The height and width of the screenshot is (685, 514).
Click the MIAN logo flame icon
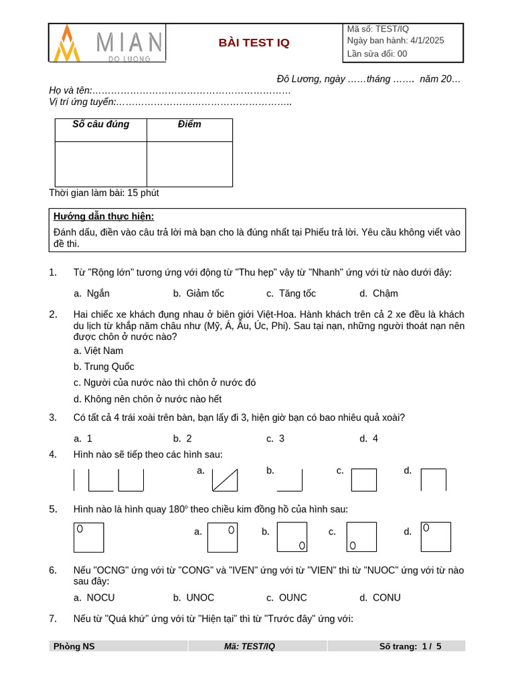coord(67,43)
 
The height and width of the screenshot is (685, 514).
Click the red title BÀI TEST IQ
coord(254,43)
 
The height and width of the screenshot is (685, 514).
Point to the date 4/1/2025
coord(424,40)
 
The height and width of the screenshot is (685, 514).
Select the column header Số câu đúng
coord(100,124)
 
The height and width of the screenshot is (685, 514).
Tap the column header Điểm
coord(189,124)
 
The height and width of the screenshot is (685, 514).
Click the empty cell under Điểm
coord(189,164)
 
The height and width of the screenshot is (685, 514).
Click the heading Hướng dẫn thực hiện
coord(104,216)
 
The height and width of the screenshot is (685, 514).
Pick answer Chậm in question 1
coord(385,294)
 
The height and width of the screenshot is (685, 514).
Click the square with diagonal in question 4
coord(225,480)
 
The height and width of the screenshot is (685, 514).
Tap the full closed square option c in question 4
coord(364,480)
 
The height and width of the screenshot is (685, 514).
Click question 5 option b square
coord(292,536)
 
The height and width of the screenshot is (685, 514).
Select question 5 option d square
coord(436,536)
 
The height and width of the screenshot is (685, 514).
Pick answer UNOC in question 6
coord(200,598)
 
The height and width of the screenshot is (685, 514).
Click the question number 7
coord(53,619)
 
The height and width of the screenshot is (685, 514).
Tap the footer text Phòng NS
coord(74,646)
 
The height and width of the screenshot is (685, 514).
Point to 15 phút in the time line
coord(143,193)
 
